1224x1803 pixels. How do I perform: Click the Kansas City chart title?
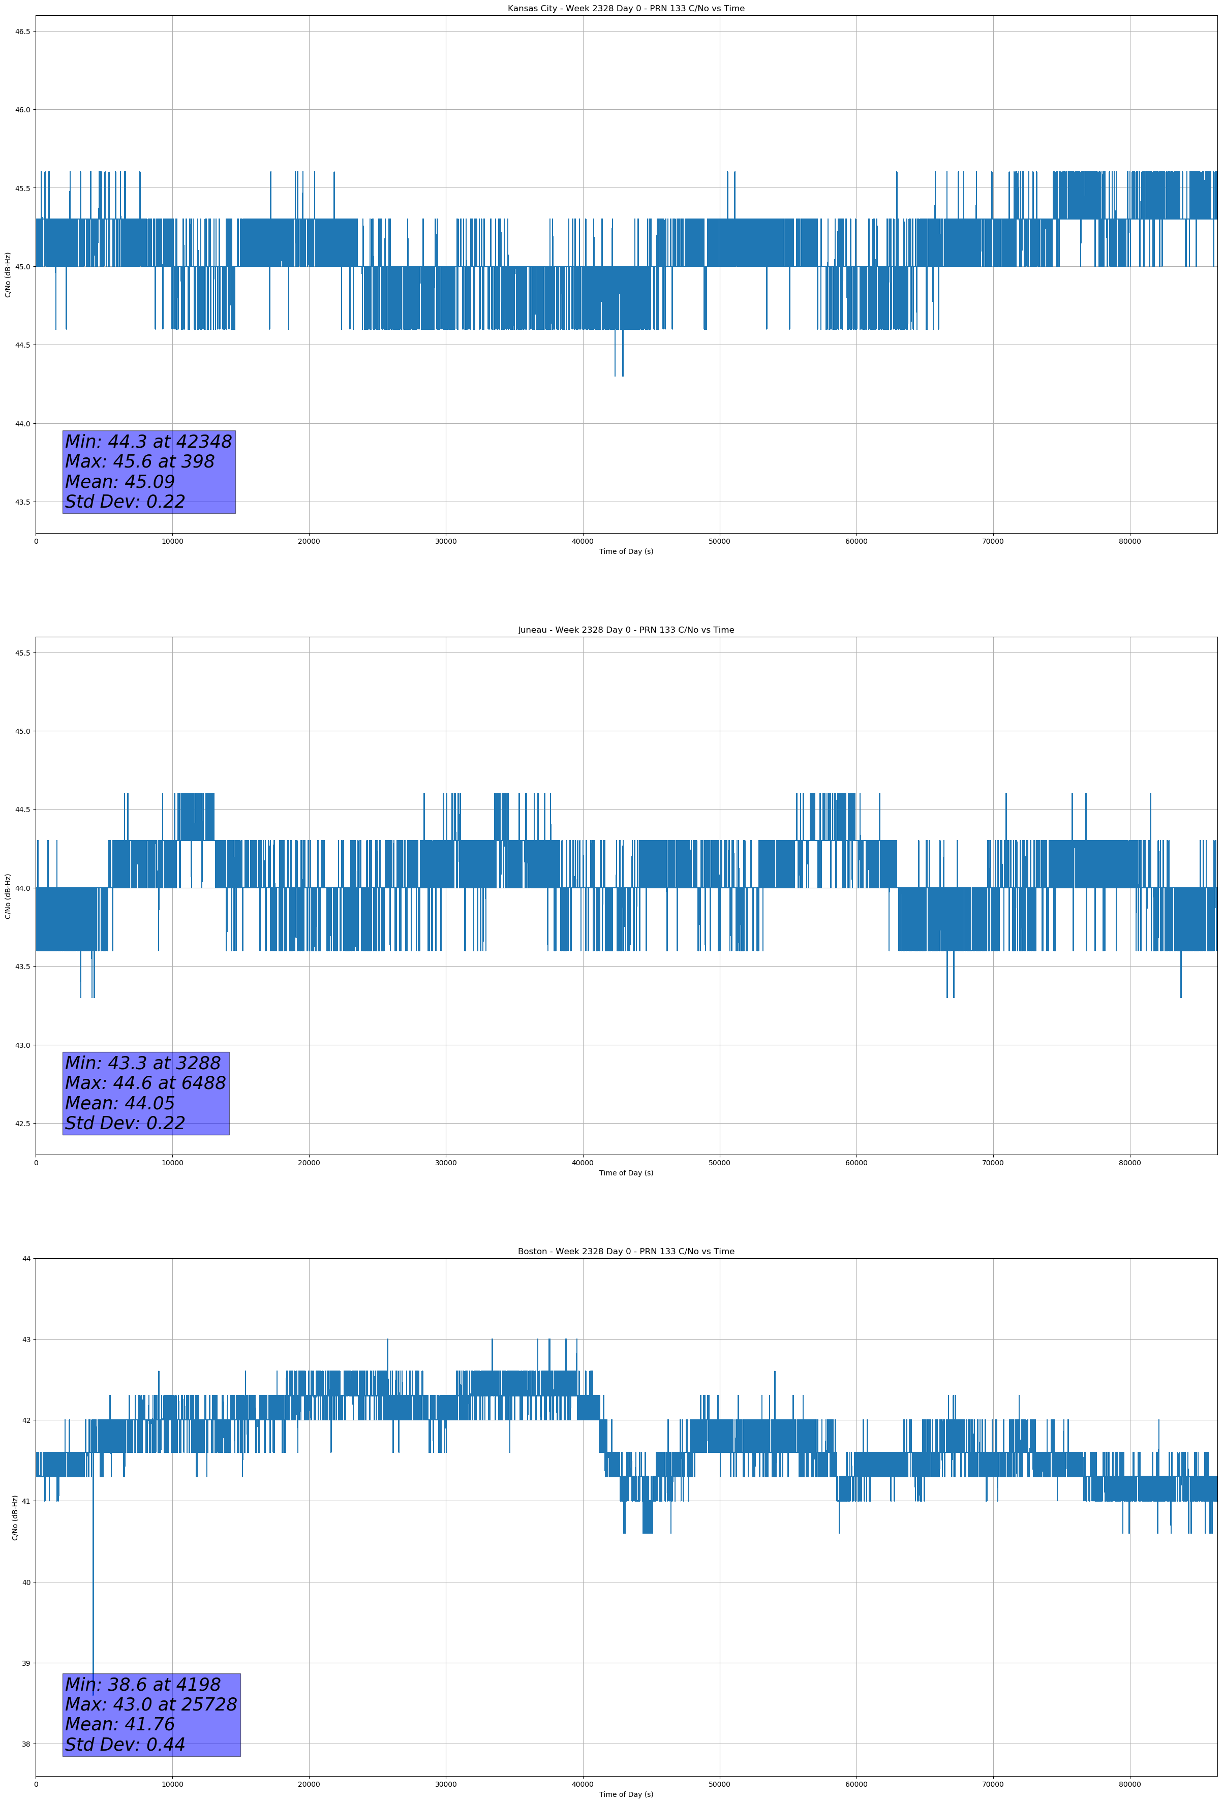pos(626,9)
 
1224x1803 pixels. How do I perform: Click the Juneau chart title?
pos(626,630)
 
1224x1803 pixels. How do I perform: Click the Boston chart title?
pos(626,1252)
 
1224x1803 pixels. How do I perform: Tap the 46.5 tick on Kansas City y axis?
pos(22,31)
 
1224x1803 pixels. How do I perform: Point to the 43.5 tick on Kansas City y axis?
pos(22,502)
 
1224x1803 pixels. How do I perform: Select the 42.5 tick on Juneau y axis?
pos(22,1124)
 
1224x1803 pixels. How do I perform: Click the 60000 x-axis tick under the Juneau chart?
pos(856,1162)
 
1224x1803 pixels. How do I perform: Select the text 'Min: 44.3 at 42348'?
pos(148,442)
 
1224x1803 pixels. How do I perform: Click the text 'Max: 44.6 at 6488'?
pos(145,1083)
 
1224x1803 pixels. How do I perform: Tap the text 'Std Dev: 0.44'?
pos(125,1745)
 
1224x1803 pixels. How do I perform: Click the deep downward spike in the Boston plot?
pos(93,1613)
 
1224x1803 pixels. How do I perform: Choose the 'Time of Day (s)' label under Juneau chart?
pos(626,1173)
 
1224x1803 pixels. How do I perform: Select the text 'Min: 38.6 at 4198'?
pos(143,1684)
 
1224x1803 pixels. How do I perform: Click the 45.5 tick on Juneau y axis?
pos(22,652)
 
